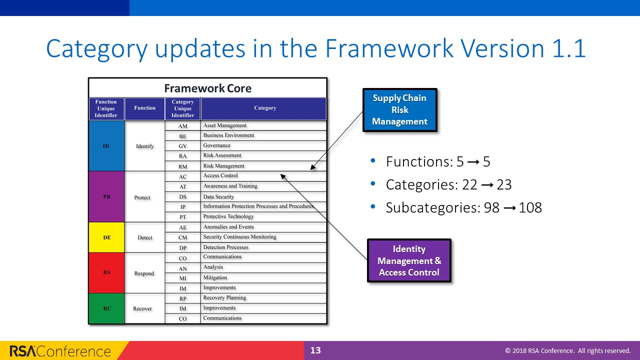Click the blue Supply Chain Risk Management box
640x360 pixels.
(399, 110)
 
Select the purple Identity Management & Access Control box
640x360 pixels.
(409, 260)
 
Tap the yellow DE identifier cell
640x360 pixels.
(106, 237)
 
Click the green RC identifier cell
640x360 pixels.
(106, 308)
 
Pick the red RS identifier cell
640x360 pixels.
(106, 272)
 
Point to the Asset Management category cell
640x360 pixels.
(263, 125)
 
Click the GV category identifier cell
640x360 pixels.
(182, 146)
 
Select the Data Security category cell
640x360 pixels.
(263, 196)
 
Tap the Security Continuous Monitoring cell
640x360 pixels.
(263, 237)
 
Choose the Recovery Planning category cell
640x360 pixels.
(263, 298)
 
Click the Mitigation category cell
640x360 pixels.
(263, 277)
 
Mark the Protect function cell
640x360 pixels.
(142, 197)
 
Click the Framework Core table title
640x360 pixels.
(207, 88)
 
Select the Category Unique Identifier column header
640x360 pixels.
(182, 108)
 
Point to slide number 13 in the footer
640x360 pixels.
(315, 350)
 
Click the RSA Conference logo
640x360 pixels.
(60, 351)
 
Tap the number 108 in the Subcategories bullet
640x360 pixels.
(530, 208)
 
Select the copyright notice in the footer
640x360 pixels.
(567, 351)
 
